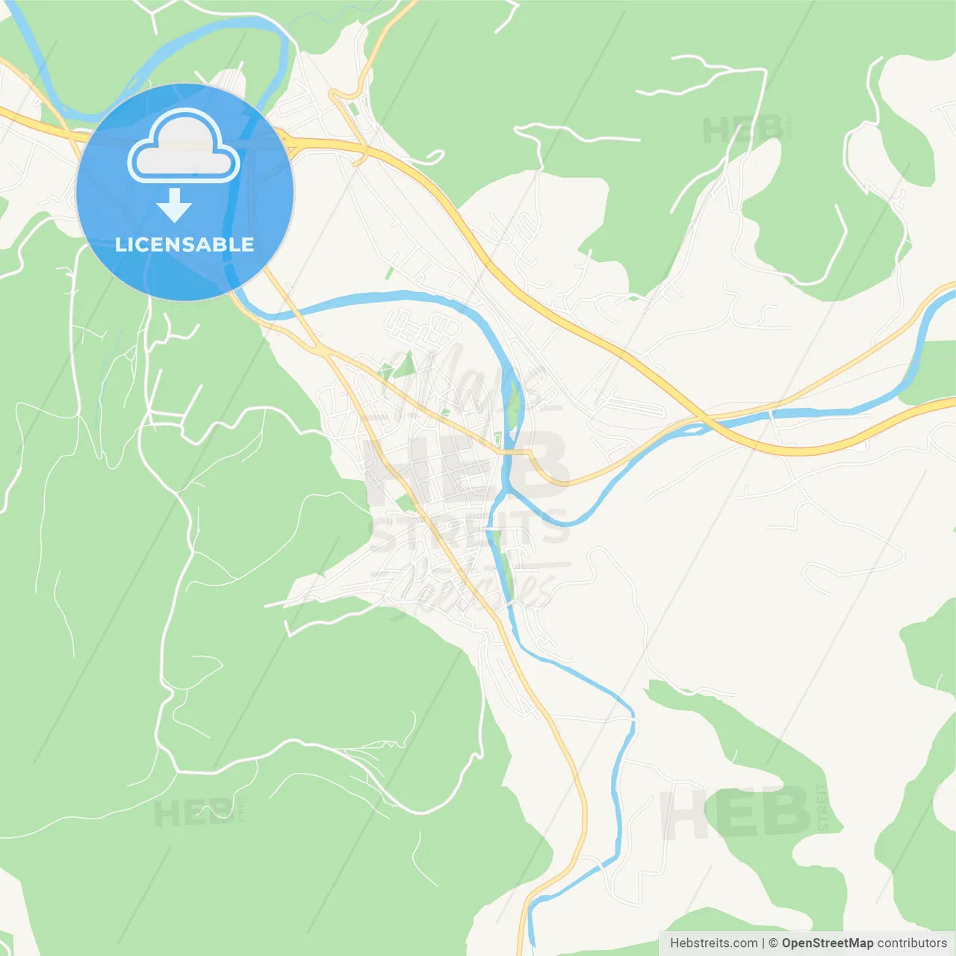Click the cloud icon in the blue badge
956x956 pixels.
(184, 147)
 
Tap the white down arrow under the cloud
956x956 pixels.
(174, 206)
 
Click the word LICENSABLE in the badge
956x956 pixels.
(184, 244)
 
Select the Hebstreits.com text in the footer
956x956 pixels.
(713, 943)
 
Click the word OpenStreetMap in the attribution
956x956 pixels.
(827, 943)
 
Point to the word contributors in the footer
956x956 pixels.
(912, 943)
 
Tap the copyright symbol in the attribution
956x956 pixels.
(773, 943)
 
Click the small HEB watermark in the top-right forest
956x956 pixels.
(742, 131)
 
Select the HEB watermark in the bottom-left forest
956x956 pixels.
(193, 813)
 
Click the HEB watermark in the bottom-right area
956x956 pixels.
(736, 812)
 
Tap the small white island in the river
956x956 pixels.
(694, 429)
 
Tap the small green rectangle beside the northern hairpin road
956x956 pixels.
(354, 109)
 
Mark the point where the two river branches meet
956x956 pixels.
(507, 492)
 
